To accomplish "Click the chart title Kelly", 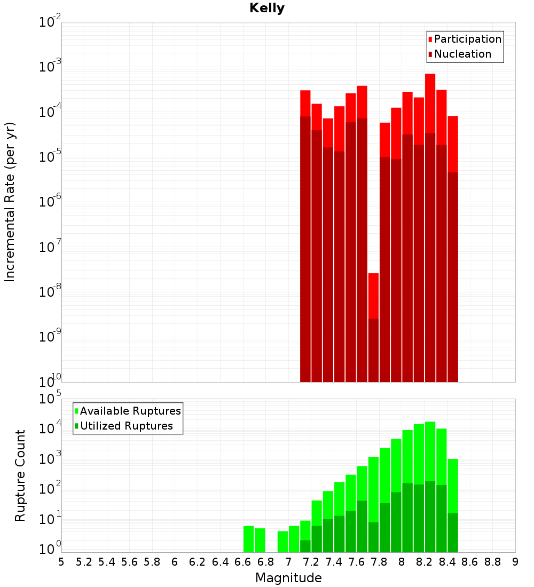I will [x=267, y=9].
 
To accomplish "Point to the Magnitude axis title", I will [x=288, y=578].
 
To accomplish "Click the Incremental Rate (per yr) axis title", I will [x=10, y=202].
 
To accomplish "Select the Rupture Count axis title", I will [x=20, y=475].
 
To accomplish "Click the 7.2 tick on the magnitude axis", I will [x=311, y=562].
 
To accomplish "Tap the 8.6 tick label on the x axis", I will [x=470, y=562].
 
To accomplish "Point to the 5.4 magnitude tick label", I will [x=107, y=562].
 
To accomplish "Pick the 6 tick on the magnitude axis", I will [x=175, y=562].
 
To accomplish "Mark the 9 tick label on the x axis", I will [x=515, y=562].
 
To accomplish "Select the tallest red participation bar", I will [x=430, y=213].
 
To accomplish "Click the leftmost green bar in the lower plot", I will [x=248, y=539].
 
